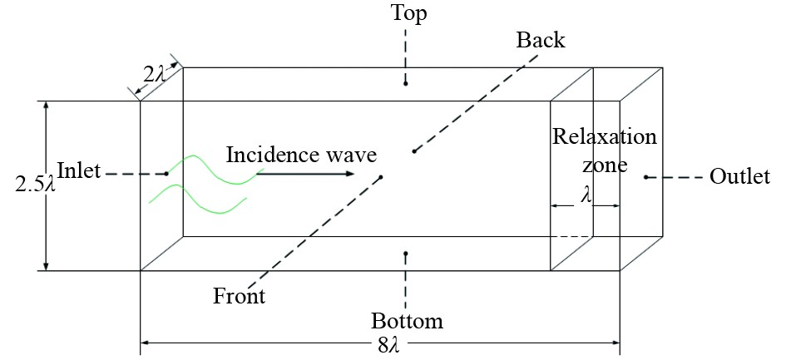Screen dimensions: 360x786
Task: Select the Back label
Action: click(x=540, y=40)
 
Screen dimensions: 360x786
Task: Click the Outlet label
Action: click(x=739, y=177)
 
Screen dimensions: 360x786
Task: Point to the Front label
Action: click(x=239, y=296)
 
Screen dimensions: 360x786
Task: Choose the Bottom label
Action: click(x=407, y=321)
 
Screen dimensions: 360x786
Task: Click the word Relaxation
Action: click(x=605, y=136)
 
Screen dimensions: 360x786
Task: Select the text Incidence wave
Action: click(x=301, y=155)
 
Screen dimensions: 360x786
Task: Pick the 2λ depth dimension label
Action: click(x=155, y=75)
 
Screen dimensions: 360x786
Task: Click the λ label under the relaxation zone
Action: click(x=586, y=195)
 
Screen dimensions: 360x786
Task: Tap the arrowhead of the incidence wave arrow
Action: click(x=349, y=174)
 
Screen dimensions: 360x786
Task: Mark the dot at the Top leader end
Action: click(x=405, y=83)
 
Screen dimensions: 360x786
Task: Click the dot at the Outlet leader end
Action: click(x=645, y=177)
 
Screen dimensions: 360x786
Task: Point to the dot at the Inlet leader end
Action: click(x=166, y=173)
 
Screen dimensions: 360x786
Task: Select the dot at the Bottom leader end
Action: click(x=405, y=254)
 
